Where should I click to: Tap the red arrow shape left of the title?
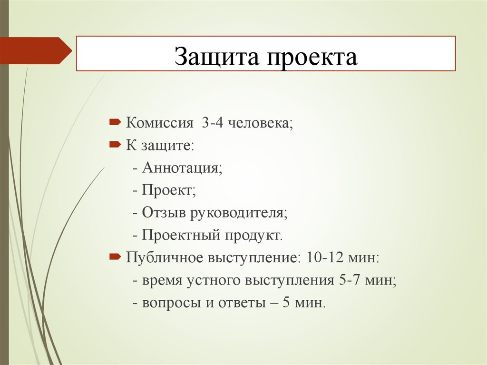pos(36,50)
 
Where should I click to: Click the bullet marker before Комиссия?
pos(115,123)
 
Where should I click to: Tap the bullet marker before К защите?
pos(115,145)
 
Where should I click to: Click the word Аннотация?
pos(182,168)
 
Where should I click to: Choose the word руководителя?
pos(239,213)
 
